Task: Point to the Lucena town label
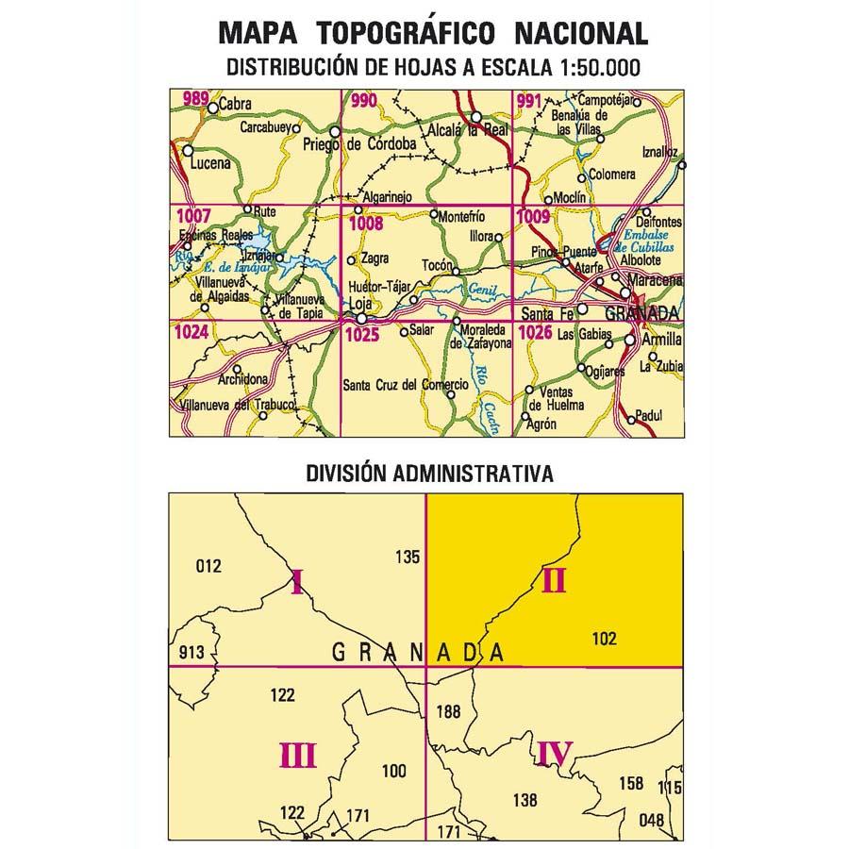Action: click(209, 162)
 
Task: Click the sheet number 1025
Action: click(362, 334)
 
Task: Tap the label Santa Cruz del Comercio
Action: click(405, 384)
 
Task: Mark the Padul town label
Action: click(650, 414)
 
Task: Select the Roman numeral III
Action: click(297, 755)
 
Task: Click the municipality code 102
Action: click(605, 639)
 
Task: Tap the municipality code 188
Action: click(448, 711)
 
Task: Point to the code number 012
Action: click(207, 566)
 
